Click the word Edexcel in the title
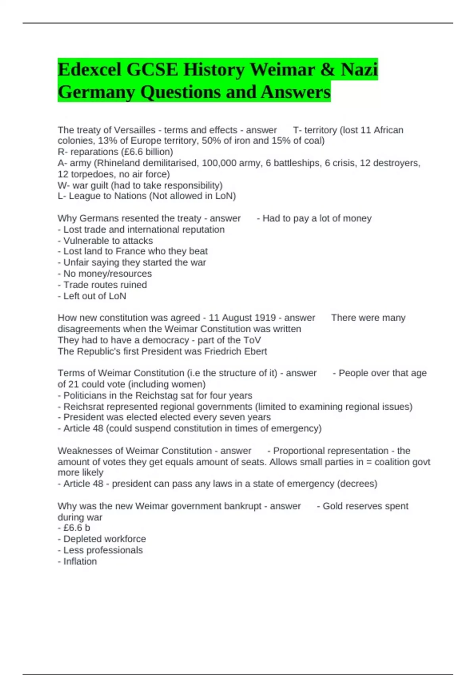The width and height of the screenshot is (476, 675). [90, 70]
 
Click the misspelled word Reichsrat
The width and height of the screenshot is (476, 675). [85, 407]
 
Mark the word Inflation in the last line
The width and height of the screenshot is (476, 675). [80, 561]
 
